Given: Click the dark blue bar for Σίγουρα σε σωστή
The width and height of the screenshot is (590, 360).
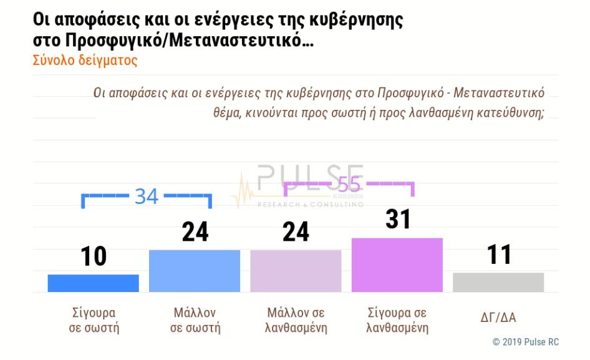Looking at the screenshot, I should [x=93, y=283].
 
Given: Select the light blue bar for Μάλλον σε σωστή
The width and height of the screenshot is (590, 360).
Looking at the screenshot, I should [x=195, y=271].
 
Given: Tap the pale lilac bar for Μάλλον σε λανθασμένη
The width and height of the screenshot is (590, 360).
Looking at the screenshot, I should [x=296, y=271].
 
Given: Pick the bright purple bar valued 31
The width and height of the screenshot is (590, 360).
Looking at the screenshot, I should [x=397, y=265].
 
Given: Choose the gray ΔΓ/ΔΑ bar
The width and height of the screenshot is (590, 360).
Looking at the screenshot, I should [x=498, y=282].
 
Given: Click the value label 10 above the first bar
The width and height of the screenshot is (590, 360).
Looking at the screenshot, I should [x=94, y=256].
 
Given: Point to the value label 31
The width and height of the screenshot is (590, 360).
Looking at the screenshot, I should [x=398, y=220].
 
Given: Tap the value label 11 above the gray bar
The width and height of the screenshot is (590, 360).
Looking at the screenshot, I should [x=499, y=255].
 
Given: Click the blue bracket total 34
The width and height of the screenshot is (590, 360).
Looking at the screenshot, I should [x=147, y=196].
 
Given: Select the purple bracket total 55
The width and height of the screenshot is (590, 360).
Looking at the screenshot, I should [x=349, y=185].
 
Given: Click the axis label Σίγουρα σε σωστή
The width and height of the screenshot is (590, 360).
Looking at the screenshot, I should [x=94, y=319].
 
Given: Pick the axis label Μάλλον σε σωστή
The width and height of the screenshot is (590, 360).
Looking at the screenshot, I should [x=195, y=319].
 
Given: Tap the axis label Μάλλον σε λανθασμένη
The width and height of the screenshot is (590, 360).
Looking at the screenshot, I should [x=296, y=319].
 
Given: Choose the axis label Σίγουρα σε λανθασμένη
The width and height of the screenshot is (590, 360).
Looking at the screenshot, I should [x=397, y=319].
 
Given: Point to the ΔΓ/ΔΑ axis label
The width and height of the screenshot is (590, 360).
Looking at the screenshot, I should [x=499, y=318].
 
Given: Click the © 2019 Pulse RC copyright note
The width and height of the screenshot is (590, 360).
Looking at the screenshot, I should [x=526, y=342].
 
